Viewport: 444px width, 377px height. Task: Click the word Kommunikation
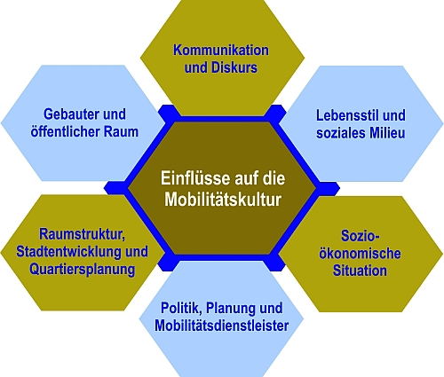tap(221, 50)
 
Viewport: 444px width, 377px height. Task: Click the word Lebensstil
tap(345, 115)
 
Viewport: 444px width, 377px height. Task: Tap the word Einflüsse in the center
tap(195, 178)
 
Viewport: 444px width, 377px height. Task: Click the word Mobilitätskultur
tap(223, 200)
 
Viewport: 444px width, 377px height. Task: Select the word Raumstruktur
tap(83, 234)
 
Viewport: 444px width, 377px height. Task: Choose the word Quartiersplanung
tap(83, 270)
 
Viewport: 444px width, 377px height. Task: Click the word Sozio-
tap(361, 236)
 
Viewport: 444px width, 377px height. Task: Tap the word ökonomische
tap(360, 254)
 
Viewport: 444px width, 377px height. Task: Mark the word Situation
tap(360, 271)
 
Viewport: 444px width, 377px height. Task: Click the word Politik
tap(181, 308)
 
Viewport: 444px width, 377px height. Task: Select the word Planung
tap(231, 308)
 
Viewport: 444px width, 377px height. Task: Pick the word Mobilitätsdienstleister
tap(222, 326)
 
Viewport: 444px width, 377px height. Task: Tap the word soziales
tap(337, 133)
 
